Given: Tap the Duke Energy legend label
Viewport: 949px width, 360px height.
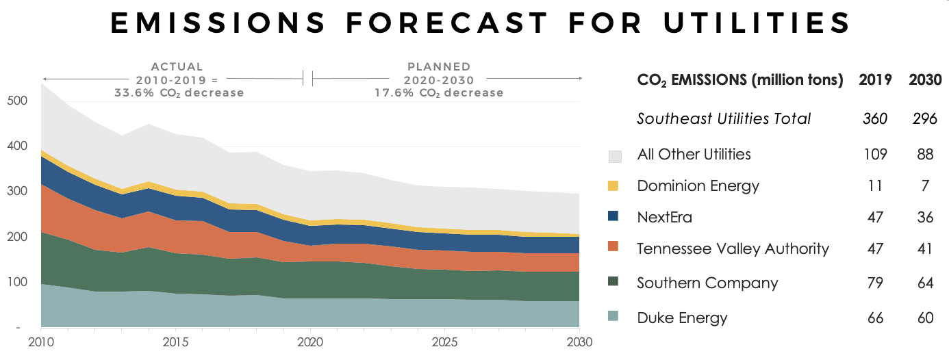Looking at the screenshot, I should (682, 318).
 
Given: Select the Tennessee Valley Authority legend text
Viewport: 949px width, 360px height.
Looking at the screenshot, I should (733, 248).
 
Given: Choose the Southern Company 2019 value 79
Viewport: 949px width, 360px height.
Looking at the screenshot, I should (874, 283).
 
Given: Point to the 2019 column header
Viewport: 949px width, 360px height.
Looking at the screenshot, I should (874, 79).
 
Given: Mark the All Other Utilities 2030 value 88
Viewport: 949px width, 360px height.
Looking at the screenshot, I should (924, 154).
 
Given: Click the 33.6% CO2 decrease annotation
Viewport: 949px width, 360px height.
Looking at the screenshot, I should (179, 92).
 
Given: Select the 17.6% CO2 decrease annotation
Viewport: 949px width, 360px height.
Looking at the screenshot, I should (438, 92).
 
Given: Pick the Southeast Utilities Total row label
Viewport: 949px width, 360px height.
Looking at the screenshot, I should (724, 118).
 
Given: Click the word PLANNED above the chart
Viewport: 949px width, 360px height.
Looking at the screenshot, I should (439, 67).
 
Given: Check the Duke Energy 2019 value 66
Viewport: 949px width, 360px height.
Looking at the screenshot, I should (874, 318).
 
